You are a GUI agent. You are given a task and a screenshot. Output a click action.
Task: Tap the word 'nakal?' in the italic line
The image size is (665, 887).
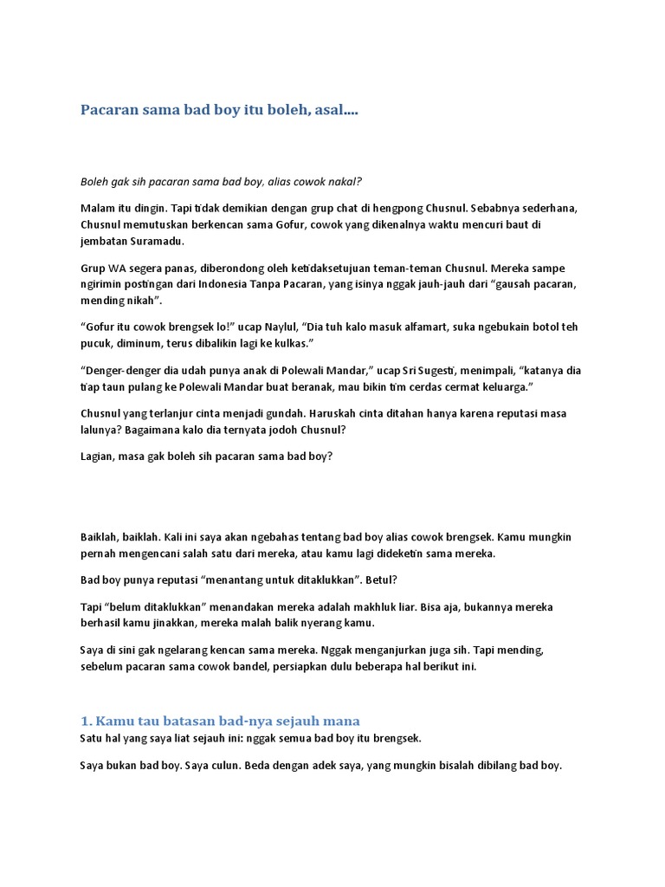pyautogui.click(x=343, y=181)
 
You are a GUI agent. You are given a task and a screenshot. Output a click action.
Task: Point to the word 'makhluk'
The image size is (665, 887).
pyautogui.click(x=397, y=607)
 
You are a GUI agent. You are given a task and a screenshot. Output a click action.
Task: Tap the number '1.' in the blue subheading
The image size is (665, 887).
pyautogui.click(x=86, y=721)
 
